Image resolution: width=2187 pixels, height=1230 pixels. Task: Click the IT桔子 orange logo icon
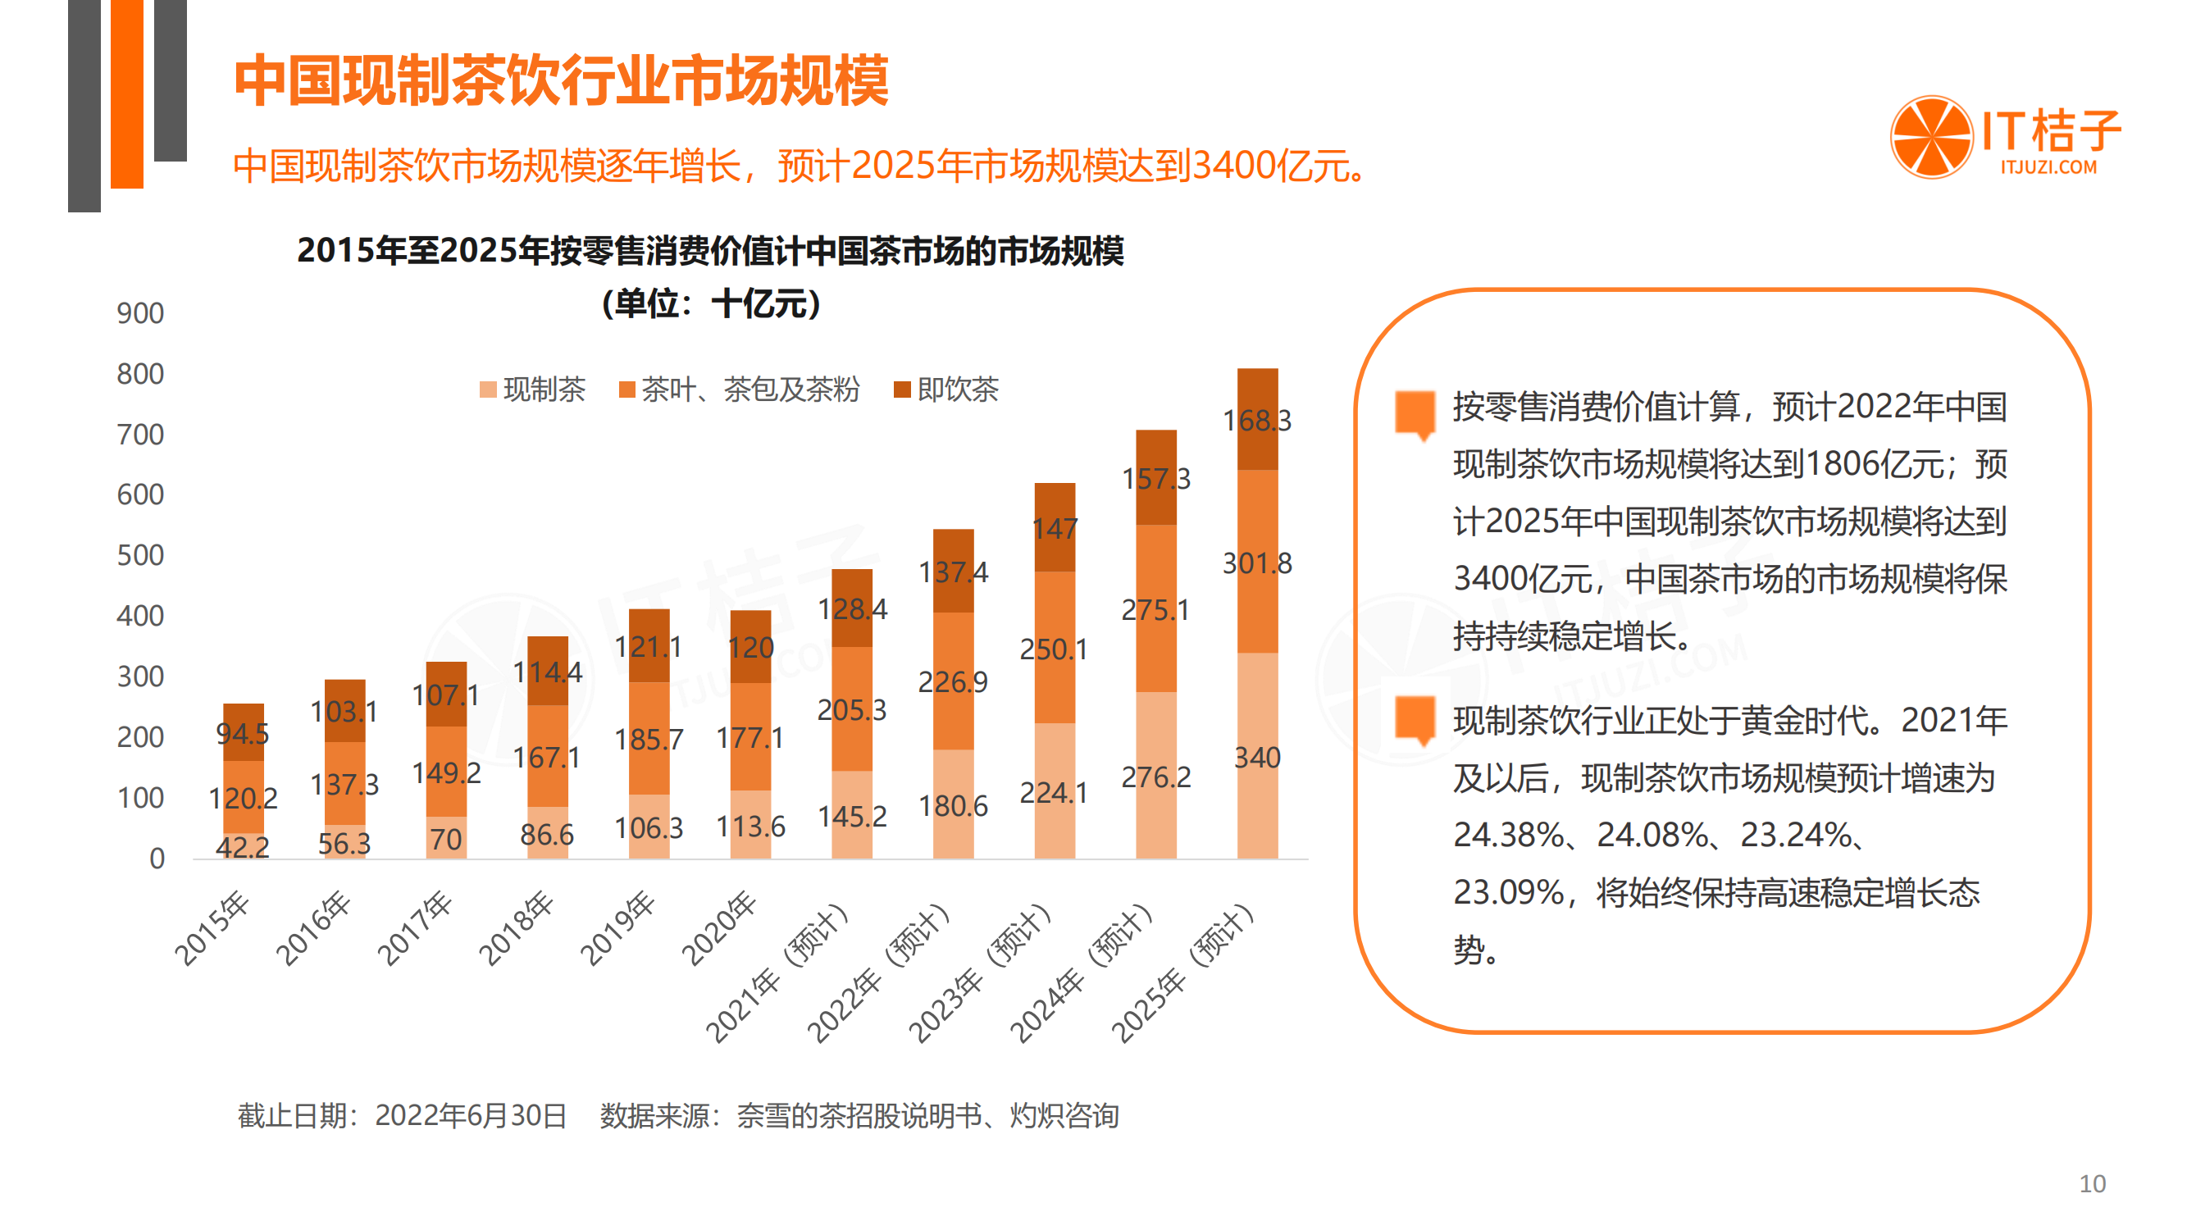click(x=1930, y=138)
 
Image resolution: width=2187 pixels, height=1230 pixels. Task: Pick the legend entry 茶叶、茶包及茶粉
click(x=740, y=389)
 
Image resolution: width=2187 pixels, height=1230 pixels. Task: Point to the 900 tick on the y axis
click(x=140, y=313)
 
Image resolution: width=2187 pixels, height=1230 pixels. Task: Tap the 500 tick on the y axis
click(x=140, y=555)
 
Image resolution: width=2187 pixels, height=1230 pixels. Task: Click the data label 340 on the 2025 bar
click(x=1256, y=757)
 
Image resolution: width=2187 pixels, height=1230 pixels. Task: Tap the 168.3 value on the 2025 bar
click(x=1256, y=420)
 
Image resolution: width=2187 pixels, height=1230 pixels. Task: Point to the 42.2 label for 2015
click(x=242, y=846)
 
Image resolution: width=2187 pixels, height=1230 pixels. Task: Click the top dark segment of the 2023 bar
click(x=1055, y=527)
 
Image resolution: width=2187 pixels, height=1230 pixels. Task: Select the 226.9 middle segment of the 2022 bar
click(x=953, y=681)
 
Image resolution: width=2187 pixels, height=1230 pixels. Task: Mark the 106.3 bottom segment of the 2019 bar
click(x=649, y=827)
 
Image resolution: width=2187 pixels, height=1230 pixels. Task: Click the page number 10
click(x=2092, y=1183)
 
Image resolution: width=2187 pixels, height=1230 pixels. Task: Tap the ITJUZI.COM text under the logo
click(x=2048, y=167)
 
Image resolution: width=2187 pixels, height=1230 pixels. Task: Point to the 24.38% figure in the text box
click(x=1508, y=836)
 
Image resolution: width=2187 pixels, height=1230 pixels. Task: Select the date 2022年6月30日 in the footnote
click(x=471, y=1115)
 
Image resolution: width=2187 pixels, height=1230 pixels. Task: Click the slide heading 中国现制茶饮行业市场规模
click(x=560, y=80)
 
